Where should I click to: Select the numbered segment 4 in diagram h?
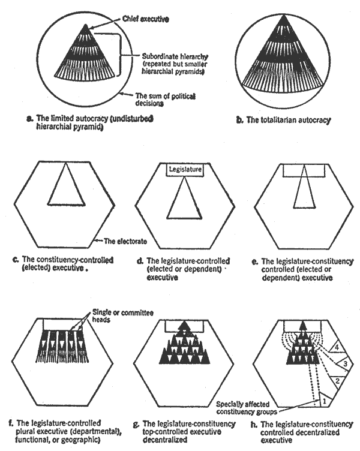(x=340, y=346)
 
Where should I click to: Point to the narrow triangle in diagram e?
(x=304, y=192)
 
